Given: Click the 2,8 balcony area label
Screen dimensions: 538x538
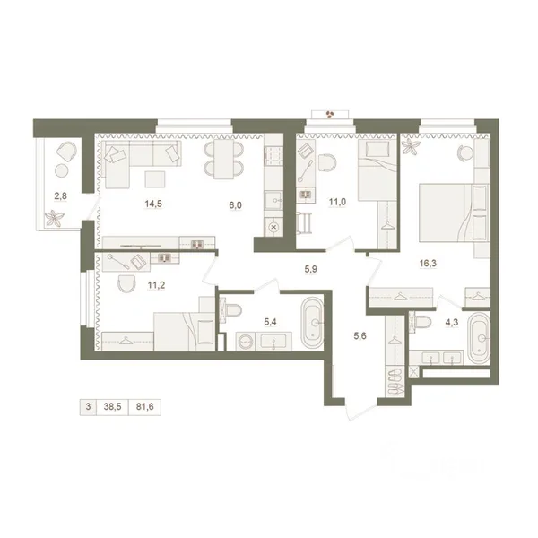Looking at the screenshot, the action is click(60, 195).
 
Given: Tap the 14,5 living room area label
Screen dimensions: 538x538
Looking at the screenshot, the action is click(153, 204).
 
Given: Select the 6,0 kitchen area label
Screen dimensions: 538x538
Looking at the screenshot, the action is click(235, 205).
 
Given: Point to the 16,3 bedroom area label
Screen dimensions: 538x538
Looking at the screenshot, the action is click(428, 263).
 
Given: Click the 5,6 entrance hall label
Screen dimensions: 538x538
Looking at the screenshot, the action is click(360, 336).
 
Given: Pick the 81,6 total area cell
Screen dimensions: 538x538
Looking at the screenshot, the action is click(144, 407).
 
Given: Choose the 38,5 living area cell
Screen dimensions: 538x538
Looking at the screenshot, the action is click(113, 407).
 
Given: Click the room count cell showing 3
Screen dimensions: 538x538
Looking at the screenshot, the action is click(88, 407).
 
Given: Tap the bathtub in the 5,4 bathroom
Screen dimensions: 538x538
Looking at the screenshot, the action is click(312, 323).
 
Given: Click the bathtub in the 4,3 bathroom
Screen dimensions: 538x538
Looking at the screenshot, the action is click(480, 338).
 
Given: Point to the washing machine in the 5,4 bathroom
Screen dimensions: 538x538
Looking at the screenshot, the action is click(246, 342).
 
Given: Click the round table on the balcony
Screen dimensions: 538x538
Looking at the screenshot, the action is click(62, 170).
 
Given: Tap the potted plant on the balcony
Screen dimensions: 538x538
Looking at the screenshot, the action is click(54, 218).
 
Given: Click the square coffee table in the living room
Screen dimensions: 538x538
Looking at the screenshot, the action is click(155, 179).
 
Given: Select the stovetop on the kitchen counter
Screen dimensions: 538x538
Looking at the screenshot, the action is click(273, 156).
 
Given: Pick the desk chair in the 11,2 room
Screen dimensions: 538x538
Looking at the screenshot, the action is click(126, 283).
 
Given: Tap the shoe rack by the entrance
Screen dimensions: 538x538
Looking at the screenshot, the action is click(395, 382).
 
